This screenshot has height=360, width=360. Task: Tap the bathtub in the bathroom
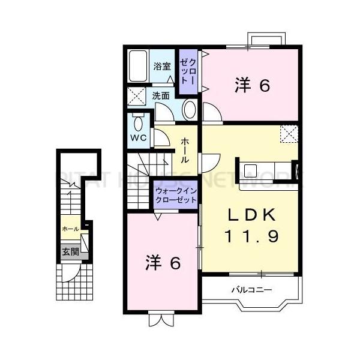pyautogui.click(x=138, y=68)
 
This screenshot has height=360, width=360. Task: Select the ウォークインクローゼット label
pyautogui.click(x=175, y=195)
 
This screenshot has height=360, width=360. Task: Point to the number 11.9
pyautogui.click(x=253, y=236)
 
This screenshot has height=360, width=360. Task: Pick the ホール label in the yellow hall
pyautogui.click(x=185, y=149)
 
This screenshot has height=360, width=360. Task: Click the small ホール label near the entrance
pyautogui.click(x=69, y=229)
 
